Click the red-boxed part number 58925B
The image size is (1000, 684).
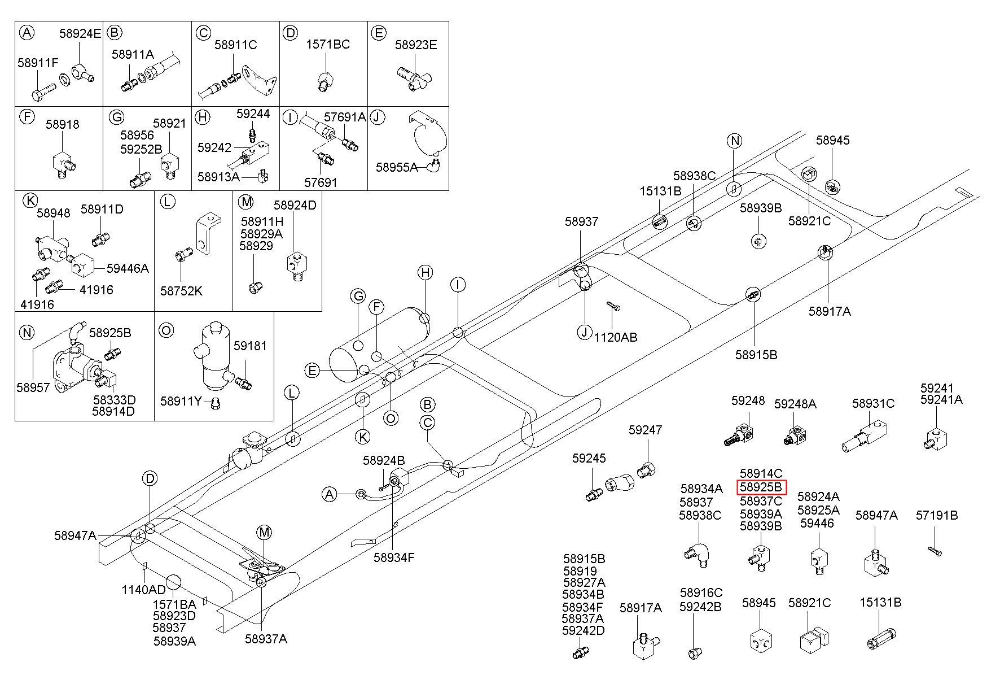click(x=761, y=487)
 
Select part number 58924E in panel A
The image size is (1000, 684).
click(x=80, y=33)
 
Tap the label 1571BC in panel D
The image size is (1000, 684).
click(x=328, y=44)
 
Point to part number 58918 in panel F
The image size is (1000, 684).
click(x=63, y=124)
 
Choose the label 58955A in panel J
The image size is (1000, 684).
click(x=397, y=167)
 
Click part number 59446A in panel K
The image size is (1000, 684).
click(x=128, y=268)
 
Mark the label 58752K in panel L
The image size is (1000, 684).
click(x=181, y=291)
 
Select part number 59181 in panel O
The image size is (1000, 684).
click(x=250, y=346)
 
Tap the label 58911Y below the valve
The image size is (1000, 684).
click(x=181, y=401)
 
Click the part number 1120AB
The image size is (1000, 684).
click(x=616, y=337)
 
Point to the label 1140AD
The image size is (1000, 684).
click(x=144, y=590)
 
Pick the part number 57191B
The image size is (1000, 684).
click(x=937, y=515)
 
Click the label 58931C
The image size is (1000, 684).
click(x=874, y=403)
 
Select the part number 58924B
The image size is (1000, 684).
click(x=384, y=460)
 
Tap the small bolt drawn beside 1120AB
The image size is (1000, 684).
click(x=613, y=306)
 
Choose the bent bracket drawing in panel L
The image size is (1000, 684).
click(x=205, y=233)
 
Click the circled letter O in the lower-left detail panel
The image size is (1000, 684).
click(x=166, y=330)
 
